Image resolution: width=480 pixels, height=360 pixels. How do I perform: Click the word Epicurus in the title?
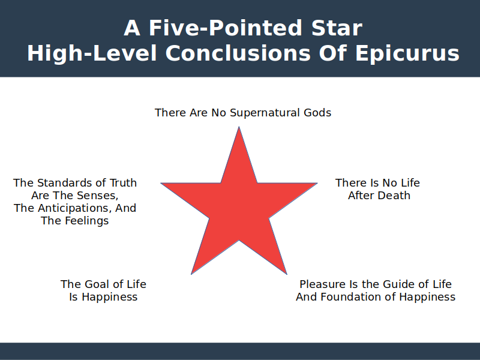[407, 54]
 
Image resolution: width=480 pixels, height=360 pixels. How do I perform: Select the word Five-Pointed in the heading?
[226, 28]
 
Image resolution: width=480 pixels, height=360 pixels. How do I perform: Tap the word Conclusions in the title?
[238, 53]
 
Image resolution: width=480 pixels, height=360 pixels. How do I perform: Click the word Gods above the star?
[317, 113]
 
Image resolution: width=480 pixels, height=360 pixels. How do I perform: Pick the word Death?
[395, 196]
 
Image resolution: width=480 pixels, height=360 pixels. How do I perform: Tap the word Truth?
[123, 183]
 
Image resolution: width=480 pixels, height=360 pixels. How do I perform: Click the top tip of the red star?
[239, 127]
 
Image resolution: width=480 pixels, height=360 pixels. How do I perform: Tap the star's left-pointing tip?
[161, 183]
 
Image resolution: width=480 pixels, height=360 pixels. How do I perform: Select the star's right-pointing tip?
[317, 183]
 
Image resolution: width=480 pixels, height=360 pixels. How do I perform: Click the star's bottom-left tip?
[191, 274]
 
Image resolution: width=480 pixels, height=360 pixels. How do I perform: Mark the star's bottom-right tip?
[287, 274]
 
